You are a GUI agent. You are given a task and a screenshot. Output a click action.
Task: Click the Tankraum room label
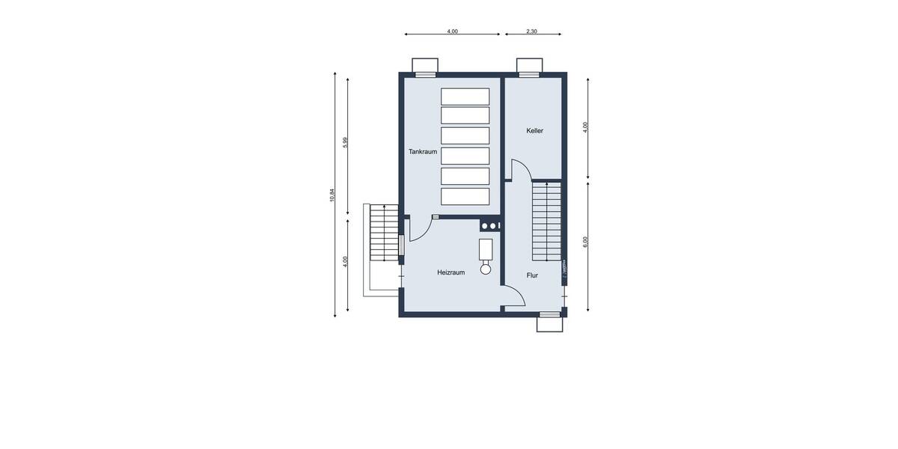(x=423, y=151)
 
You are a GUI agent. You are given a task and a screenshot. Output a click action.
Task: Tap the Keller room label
(x=534, y=131)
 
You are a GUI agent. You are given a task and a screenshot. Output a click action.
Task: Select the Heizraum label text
(x=450, y=272)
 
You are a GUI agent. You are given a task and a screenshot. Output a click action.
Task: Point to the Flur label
(x=532, y=275)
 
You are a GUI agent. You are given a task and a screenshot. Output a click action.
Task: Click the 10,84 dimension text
(x=332, y=195)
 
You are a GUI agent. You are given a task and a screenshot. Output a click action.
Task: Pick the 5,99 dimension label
(x=346, y=143)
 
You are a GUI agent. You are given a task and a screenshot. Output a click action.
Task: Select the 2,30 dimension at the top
(x=531, y=31)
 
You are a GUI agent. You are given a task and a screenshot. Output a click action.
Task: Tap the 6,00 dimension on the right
(x=586, y=242)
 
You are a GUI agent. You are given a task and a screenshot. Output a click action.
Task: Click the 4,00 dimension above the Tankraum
(x=452, y=31)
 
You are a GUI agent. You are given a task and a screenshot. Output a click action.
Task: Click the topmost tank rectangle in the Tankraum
(x=465, y=97)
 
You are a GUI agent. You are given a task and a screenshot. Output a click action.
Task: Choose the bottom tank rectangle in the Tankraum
(x=465, y=196)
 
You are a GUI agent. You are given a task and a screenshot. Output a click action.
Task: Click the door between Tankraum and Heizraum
(x=420, y=227)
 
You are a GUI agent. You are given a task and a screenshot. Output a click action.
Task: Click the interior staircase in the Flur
(x=547, y=222)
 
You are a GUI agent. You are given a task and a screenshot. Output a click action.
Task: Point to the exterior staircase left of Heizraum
(x=384, y=233)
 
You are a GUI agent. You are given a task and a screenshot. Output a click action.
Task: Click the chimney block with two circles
(x=490, y=224)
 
